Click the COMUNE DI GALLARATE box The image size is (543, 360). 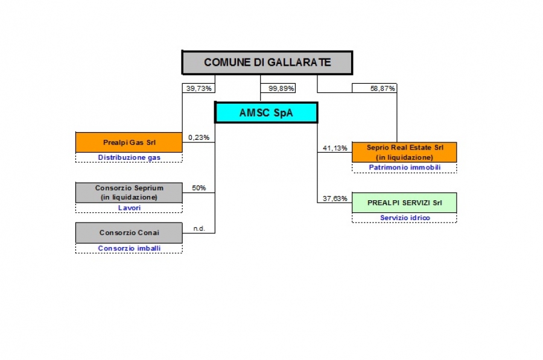coord(267,63)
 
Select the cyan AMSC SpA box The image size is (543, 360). coord(266,113)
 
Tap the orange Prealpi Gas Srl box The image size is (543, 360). coord(129,142)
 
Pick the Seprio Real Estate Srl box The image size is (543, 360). coord(404,153)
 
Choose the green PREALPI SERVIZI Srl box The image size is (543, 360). coord(404,203)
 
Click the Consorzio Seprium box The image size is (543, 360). coord(129,192)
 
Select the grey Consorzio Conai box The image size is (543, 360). coord(129,233)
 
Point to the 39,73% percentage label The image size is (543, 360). coord(198,89)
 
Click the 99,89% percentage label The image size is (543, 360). coord(281,89)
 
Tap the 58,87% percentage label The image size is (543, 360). coord(383,89)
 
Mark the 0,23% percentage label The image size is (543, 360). coord(198,137)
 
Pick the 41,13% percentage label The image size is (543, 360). coord(335,148)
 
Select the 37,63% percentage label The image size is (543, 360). coord(335,198)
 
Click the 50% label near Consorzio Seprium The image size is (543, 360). coord(198,188)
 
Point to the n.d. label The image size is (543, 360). coord(199,229)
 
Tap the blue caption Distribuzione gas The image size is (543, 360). coord(129,157)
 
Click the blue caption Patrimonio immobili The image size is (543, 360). coord(404,168)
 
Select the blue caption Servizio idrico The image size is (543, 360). coord(405,218)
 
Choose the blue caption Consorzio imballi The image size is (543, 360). coord(129,248)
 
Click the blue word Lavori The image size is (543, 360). coord(129,207)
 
